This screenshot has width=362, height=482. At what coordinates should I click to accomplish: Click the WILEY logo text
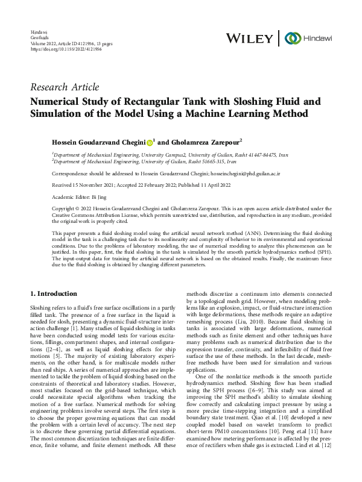pos(249,37)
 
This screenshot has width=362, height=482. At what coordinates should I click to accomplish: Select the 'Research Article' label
pos(65,87)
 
